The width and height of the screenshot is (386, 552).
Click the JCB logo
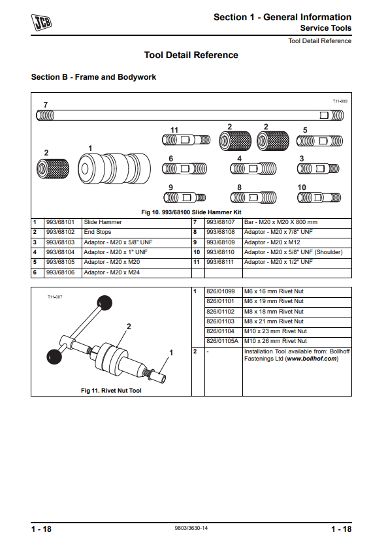(42, 22)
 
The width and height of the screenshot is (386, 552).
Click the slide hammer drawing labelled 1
(114, 169)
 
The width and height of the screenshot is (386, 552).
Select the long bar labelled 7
(190, 115)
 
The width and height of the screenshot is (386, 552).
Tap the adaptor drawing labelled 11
(186, 140)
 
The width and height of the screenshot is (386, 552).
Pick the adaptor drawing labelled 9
(185, 197)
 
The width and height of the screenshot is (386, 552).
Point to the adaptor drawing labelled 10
(319, 197)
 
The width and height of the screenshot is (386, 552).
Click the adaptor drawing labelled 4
(253, 169)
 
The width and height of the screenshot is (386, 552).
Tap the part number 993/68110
(220, 252)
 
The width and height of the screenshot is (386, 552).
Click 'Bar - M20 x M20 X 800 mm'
(281, 222)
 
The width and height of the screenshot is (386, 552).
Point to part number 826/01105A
(222, 341)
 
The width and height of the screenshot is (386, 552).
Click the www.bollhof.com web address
(312, 359)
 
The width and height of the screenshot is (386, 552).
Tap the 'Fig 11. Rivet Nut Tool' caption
(111, 391)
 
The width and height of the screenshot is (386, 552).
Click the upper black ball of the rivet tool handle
(105, 303)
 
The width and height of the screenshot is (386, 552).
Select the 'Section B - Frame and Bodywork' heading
(93, 77)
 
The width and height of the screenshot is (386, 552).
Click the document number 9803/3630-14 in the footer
(191, 528)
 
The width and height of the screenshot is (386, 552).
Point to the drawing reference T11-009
(340, 101)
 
